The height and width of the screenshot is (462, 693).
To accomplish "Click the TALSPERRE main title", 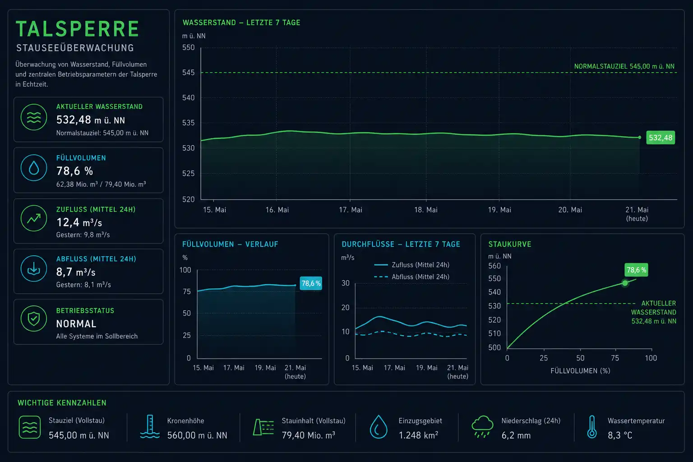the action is [x=77, y=29].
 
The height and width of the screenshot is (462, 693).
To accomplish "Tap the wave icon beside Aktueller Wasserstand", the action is [x=34, y=117].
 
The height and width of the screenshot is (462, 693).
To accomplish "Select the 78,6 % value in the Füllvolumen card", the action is [x=74, y=171].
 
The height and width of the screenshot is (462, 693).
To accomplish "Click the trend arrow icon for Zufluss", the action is [x=34, y=218].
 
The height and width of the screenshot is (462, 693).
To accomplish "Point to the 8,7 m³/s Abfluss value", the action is [x=76, y=272].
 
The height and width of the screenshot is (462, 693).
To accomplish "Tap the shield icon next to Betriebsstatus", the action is [x=34, y=319].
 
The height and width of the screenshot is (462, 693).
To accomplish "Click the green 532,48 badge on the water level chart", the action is [x=661, y=138].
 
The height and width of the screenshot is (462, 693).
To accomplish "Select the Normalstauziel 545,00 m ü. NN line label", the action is [x=624, y=66].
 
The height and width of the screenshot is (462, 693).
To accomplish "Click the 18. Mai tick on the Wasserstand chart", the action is [x=426, y=210].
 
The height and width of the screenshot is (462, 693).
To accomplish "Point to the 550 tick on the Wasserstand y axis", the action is [x=189, y=48].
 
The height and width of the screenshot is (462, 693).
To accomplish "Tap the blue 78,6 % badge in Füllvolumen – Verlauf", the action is [x=311, y=283].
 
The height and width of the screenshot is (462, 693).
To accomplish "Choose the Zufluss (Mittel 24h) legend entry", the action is [x=412, y=265].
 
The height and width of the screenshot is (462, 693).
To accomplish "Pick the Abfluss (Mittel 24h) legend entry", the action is [x=412, y=277].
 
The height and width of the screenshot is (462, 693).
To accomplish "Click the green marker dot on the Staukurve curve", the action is [x=625, y=283].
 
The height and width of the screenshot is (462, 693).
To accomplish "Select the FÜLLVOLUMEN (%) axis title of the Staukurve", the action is [x=580, y=371].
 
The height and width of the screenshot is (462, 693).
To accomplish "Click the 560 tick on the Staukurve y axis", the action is [x=494, y=266].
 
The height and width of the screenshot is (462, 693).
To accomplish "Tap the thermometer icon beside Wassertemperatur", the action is [x=592, y=427].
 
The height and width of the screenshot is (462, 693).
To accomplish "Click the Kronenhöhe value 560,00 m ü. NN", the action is [x=197, y=435].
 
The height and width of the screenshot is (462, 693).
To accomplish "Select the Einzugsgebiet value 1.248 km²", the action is [x=418, y=435].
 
